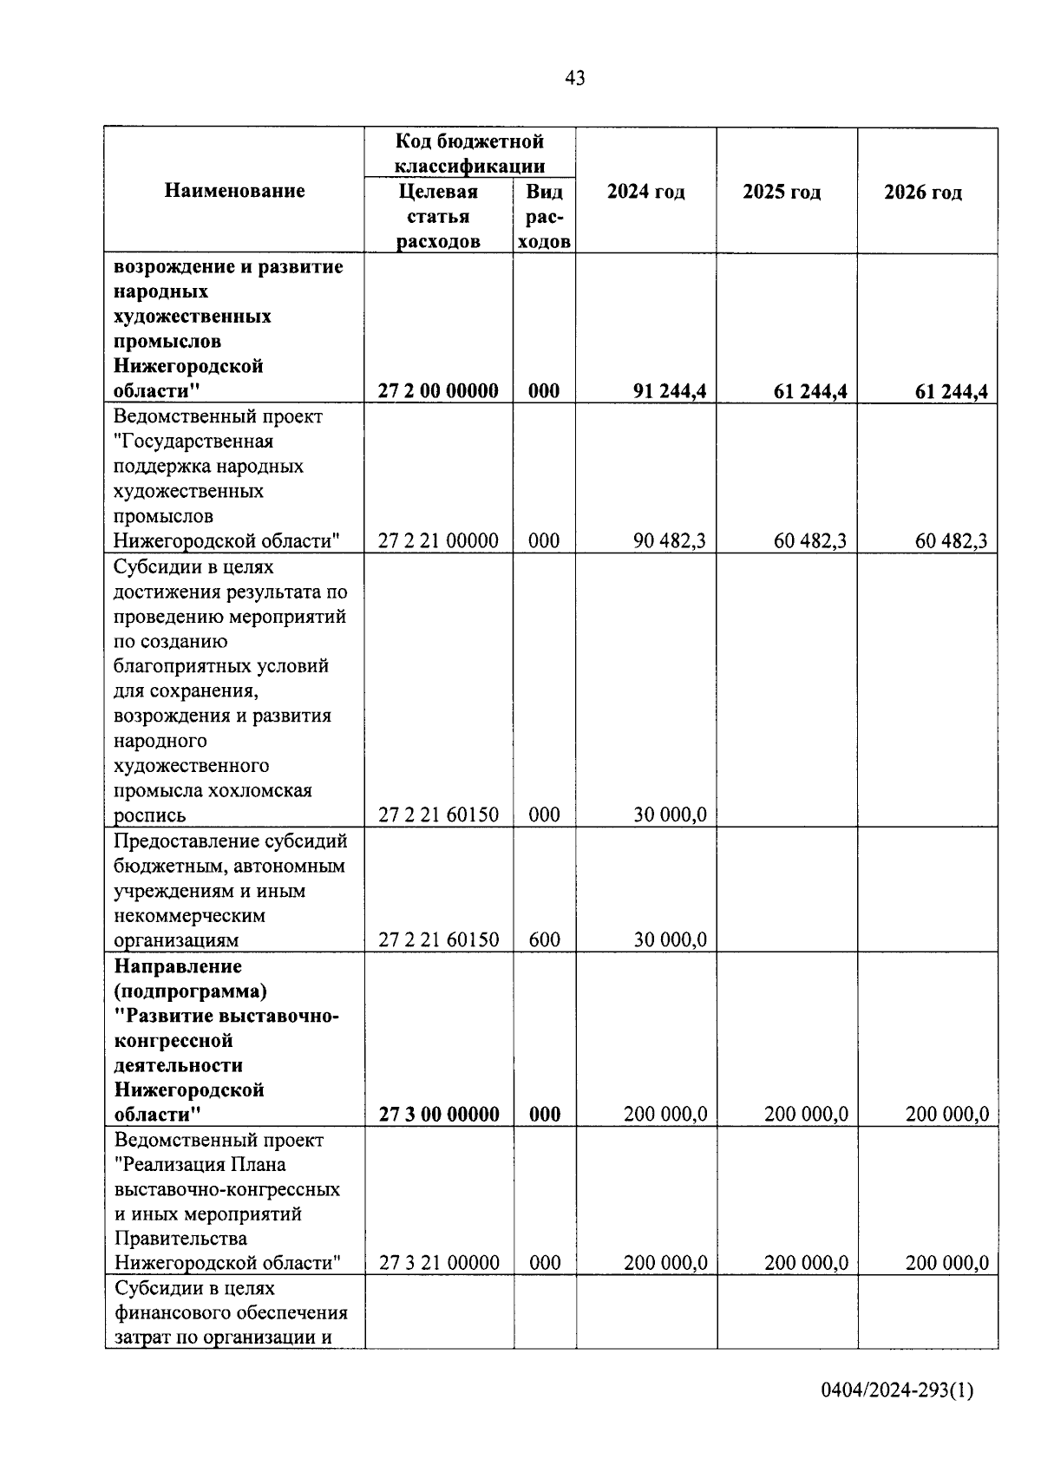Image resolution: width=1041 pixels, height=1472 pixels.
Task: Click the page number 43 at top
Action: [x=574, y=78]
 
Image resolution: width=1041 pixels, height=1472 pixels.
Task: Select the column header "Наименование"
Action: [x=234, y=191]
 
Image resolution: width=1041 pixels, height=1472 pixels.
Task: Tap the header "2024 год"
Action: [x=645, y=192]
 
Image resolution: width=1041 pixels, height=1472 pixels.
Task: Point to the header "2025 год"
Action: [x=782, y=192]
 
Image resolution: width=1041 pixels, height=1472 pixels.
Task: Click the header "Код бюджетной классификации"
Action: [x=469, y=153]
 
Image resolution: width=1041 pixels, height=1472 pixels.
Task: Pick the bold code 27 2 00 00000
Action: [x=438, y=391]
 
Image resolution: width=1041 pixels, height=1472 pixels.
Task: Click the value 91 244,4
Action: [x=670, y=391]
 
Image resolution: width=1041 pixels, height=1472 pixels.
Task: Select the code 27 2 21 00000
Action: [x=438, y=541]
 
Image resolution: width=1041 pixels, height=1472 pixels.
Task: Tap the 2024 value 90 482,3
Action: [x=670, y=541]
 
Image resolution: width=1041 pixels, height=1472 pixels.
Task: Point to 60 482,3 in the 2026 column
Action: [x=952, y=541]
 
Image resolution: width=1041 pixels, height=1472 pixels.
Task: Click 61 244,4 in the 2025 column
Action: [x=810, y=391]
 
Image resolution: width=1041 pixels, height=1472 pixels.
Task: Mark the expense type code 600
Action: [x=544, y=939]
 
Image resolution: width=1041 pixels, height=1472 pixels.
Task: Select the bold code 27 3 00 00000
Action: [x=439, y=1115]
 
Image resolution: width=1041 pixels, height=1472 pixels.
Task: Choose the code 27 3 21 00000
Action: [x=439, y=1263]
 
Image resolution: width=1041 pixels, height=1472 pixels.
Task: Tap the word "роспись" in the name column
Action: [x=149, y=815]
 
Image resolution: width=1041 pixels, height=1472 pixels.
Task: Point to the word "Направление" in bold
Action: [x=178, y=965]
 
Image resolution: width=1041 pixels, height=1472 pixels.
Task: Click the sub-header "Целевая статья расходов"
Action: [x=438, y=216]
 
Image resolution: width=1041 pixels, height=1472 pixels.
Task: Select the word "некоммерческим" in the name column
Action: [x=189, y=915]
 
